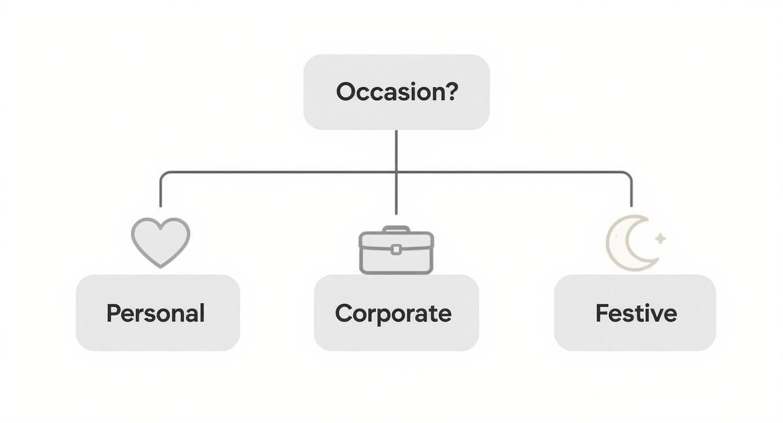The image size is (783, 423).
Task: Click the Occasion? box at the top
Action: [x=396, y=92]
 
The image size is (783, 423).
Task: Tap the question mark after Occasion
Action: [x=452, y=92]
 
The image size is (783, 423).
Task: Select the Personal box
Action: [x=157, y=313]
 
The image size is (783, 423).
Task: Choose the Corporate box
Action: [x=396, y=313]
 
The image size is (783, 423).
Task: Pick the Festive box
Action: [x=634, y=313]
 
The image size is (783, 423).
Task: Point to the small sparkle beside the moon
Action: [x=660, y=238]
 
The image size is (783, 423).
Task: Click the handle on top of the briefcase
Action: [x=396, y=229]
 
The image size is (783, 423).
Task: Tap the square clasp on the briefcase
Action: [x=396, y=250]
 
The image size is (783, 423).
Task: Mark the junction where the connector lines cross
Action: [x=396, y=172]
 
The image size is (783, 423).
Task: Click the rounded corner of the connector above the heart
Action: [x=163, y=175]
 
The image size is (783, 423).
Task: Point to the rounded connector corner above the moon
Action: [x=628, y=175]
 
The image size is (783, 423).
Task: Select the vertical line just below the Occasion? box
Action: [x=396, y=149]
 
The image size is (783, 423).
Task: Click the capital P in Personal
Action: [x=114, y=313]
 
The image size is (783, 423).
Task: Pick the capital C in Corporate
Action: [x=344, y=313]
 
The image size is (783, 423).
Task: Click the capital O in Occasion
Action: [x=346, y=92]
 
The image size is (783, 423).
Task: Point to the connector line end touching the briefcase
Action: [x=396, y=213]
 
